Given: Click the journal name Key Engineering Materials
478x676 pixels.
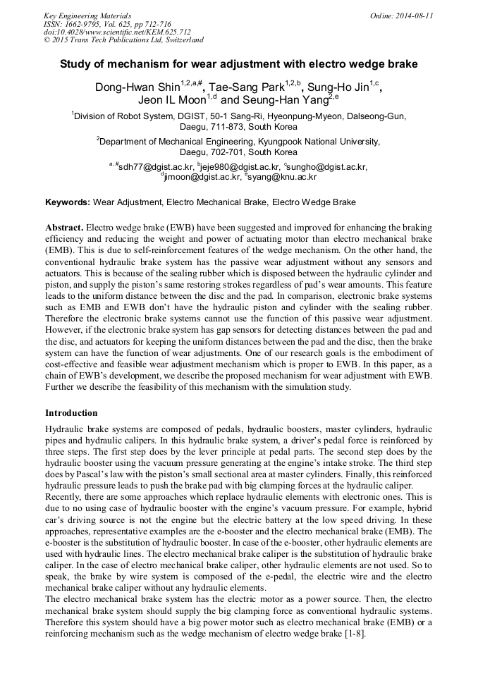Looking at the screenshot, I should pyautogui.click(x=87, y=15).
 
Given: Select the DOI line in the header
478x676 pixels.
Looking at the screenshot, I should pyautogui.click(x=117, y=32).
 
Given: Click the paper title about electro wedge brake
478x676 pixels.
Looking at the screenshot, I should pyautogui.click(x=238, y=64).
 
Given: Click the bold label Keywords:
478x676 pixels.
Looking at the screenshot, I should pyautogui.click(x=68, y=202).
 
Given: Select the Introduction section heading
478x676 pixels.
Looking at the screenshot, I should pyautogui.click(x=71, y=412).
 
